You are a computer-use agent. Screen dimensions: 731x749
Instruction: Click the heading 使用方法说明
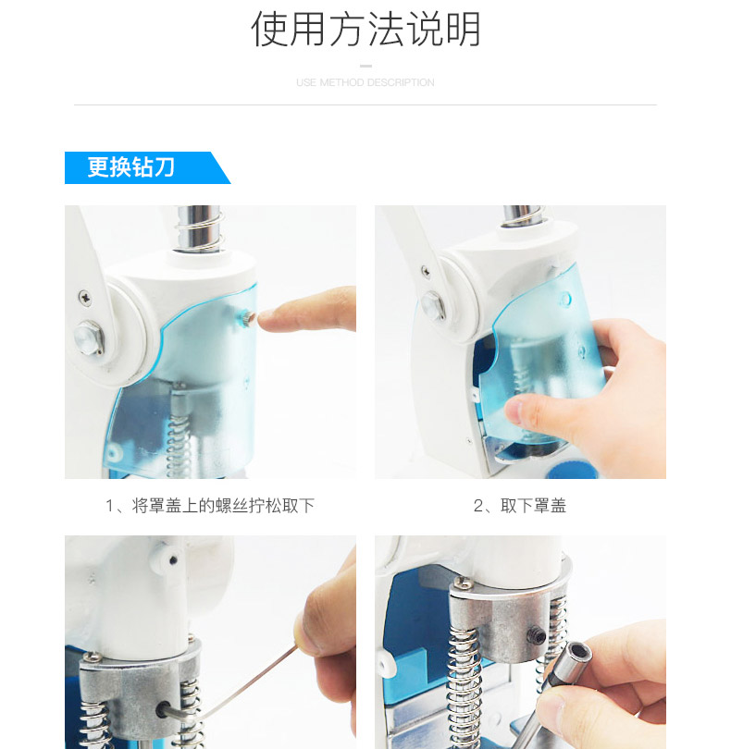click(365, 29)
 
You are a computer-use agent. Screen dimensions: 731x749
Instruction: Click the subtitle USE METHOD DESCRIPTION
click(365, 82)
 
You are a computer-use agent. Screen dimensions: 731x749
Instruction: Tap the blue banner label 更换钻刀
click(130, 167)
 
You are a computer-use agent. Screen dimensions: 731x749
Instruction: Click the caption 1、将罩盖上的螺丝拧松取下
click(210, 506)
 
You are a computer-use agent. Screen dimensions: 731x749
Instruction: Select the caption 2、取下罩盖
click(520, 506)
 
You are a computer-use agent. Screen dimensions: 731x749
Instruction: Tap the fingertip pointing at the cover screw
click(268, 320)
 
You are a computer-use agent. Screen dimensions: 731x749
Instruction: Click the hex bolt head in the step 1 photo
click(90, 338)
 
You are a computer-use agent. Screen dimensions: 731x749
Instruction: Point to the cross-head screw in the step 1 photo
click(85, 298)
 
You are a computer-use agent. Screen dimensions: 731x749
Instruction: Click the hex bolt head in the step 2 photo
click(433, 305)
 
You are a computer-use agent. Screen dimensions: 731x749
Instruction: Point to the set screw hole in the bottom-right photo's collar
click(536, 635)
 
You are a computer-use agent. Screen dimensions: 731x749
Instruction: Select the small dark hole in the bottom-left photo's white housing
click(173, 559)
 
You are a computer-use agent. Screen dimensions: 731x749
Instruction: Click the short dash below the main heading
click(365, 66)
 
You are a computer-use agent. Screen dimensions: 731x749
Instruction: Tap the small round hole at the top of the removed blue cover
click(565, 300)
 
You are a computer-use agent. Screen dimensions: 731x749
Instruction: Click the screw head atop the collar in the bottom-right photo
click(462, 583)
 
